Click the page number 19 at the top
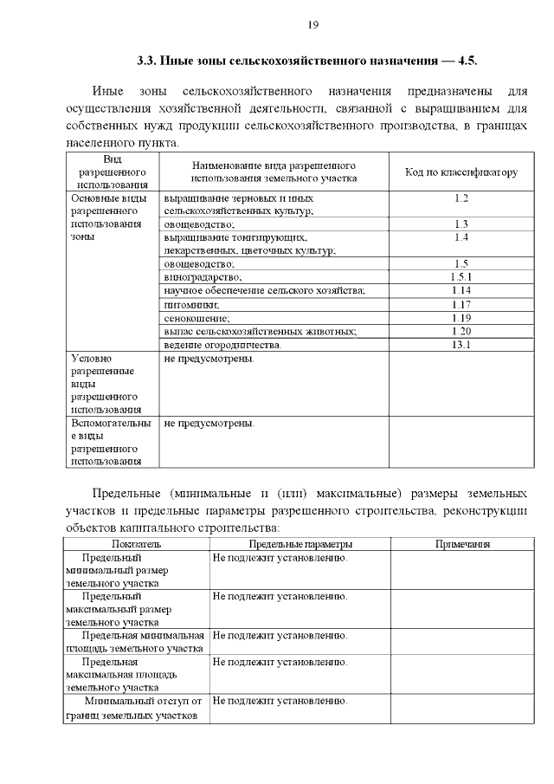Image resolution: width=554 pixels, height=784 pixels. click(313, 24)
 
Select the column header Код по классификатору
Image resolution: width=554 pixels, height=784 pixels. click(461, 172)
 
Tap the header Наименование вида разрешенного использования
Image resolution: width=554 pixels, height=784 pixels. click(274, 172)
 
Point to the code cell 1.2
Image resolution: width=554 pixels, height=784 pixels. click(461, 199)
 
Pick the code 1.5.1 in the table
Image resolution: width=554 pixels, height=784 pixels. click(461, 277)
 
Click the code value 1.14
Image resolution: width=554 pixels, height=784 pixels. click(461, 290)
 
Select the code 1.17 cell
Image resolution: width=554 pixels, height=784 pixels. click(461, 304)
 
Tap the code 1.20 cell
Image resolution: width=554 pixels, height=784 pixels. click(461, 331)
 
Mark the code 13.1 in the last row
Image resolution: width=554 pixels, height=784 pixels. click(461, 345)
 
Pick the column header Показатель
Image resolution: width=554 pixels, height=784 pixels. click(136, 544)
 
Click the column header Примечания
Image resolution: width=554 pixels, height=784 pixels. click(461, 544)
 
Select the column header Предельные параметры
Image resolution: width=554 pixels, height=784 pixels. click(300, 544)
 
